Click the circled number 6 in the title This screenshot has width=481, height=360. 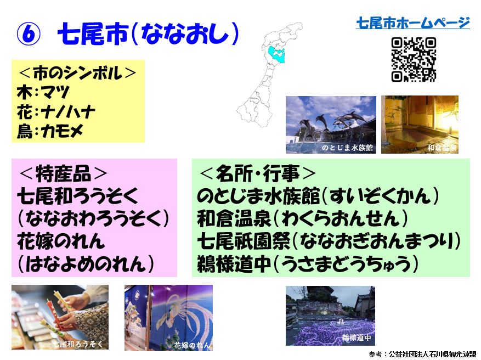29,35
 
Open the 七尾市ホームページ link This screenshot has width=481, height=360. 413,23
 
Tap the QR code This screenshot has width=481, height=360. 414,59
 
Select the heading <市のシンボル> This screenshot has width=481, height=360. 77,73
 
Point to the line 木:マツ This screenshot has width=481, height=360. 43,92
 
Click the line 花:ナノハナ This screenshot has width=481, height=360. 56,112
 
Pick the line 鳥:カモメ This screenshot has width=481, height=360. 50,131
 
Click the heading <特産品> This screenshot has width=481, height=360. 63,173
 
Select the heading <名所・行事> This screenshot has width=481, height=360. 257,173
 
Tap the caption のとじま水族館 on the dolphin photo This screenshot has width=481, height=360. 347,148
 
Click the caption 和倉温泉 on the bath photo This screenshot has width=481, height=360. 442,148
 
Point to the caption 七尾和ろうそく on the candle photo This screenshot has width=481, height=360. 78,344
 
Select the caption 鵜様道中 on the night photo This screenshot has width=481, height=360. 356,338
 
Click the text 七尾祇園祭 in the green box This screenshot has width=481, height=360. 244,241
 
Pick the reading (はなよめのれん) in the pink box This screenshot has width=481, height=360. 86,264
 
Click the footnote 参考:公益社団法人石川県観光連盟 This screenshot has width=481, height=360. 423,354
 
